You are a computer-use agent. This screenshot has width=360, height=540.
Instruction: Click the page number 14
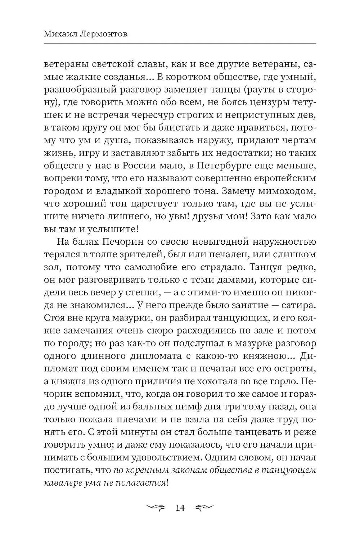(179, 508)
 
